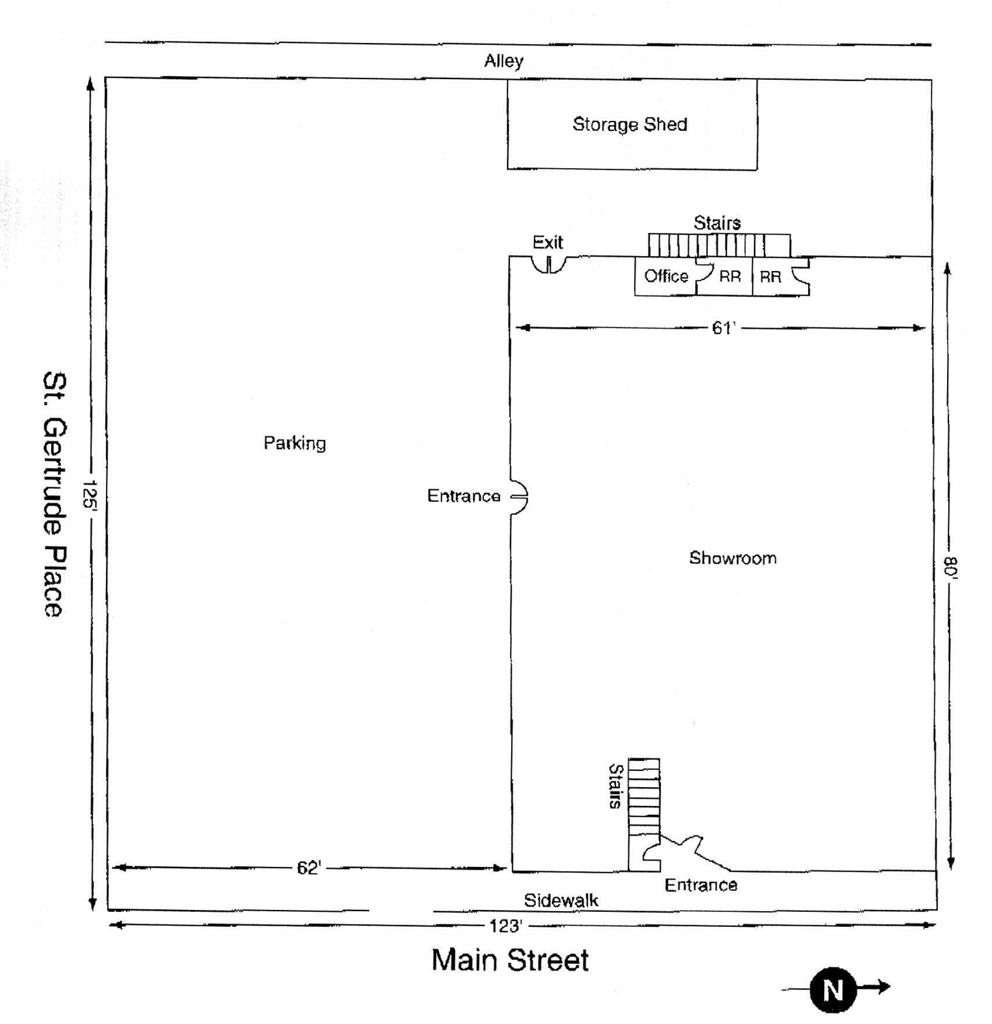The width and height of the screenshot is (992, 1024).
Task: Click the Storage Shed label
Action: pyautogui.click(x=630, y=125)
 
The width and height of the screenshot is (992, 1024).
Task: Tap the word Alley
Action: pyautogui.click(x=504, y=61)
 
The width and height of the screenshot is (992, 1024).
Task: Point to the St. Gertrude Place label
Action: pyautogui.click(x=54, y=494)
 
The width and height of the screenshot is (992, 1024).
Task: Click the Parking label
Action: pyautogui.click(x=295, y=443)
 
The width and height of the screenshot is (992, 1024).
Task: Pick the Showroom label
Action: pyautogui.click(x=733, y=558)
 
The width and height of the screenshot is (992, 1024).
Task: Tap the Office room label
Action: pyautogui.click(x=666, y=276)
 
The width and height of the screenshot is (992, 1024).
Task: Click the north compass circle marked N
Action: pyautogui.click(x=833, y=989)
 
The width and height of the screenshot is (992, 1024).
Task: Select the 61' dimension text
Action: pyautogui.click(x=724, y=328)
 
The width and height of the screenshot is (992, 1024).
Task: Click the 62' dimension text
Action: pyautogui.click(x=309, y=868)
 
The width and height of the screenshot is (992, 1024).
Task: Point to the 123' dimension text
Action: pyautogui.click(x=505, y=926)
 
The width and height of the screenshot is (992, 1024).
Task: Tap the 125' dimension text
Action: pyautogui.click(x=89, y=494)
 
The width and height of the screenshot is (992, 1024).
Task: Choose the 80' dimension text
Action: pyautogui.click(x=950, y=567)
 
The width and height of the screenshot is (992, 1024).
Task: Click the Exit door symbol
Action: pyautogui.click(x=548, y=265)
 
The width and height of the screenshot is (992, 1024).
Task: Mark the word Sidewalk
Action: pyautogui.click(x=561, y=901)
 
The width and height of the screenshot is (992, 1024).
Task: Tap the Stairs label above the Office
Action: pyautogui.click(x=717, y=223)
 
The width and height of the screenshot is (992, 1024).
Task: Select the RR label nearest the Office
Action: pyautogui.click(x=730, y=276)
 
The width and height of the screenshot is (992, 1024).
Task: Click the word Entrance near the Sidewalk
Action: pyautogui.click(x=701, y=885)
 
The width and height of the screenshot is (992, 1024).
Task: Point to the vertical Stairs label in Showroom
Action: pyautogui.click(x=615, y=787)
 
